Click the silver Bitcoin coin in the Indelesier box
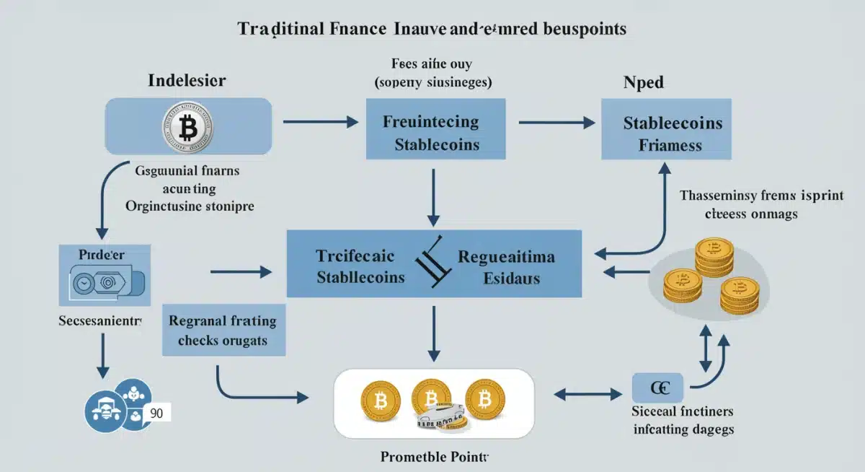point(188,128)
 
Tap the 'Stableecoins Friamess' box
point(667,134)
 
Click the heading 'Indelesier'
point(187,81)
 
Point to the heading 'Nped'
point(643,83)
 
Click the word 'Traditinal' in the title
point(275,29)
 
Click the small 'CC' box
point(657,388)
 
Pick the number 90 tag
point(156,414)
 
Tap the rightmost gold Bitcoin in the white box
point(485,398)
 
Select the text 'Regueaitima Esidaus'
point(507,266)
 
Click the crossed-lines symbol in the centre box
point(431,263)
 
